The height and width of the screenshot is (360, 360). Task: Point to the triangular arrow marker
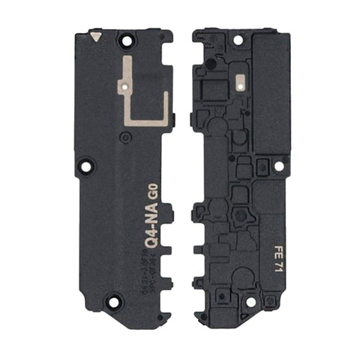[x=94, y=34]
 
